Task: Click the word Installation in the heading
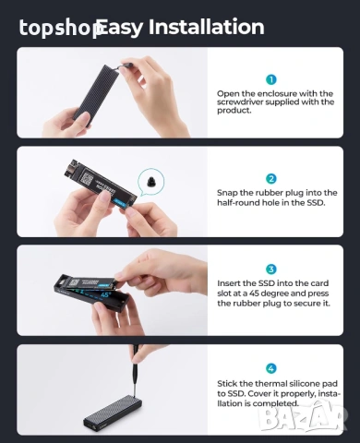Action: (x=207, y=27)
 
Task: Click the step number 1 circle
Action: (x=271, y=80)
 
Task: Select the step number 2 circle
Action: (x=271, y=179)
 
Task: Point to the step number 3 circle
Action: (x=271, y=269)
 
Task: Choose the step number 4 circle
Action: (x=271, y=368)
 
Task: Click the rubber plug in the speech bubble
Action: (x=151, y=182)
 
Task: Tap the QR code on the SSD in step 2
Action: (x=88, y=179)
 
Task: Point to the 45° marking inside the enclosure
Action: (x=105, y=294)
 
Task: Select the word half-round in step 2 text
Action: (x=238, y=203)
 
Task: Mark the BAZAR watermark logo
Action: (x=303, y=417)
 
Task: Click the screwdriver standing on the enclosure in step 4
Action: (x=135, y=371)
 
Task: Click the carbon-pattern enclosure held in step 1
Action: (x=96, y=93)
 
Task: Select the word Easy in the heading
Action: (x=121, y=28)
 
